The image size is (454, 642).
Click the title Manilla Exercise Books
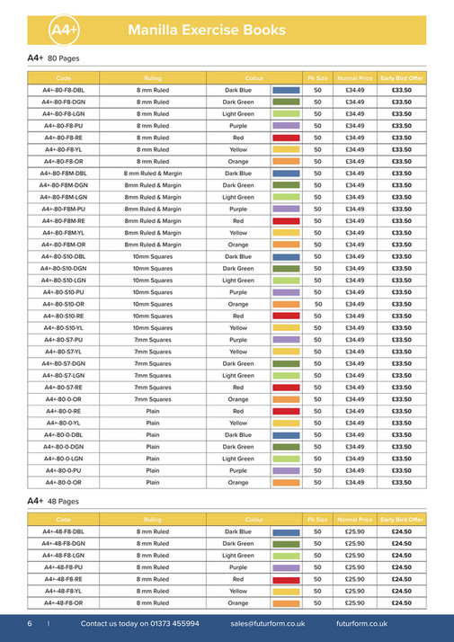tap(208, 31)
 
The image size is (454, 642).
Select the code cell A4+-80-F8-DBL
tap(63, 91)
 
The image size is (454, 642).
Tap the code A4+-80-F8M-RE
tap(63, 220)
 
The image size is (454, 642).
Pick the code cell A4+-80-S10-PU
tap(63, 292)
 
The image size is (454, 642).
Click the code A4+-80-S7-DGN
tap(63, 363)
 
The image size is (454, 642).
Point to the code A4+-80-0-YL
tap(63, 423)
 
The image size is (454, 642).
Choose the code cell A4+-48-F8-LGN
tap(63, 556)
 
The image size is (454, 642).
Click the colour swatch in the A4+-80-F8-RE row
tap(286, 138)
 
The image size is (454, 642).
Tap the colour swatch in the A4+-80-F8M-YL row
tap(286, 233)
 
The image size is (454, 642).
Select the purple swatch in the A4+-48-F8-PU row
tap(286, 568)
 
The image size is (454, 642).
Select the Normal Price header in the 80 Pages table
tap(355, 79)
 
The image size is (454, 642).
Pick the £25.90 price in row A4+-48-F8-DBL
tap(355, 532)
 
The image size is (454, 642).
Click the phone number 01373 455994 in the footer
tap(169, 623)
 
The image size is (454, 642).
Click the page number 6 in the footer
tap(30, 623)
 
